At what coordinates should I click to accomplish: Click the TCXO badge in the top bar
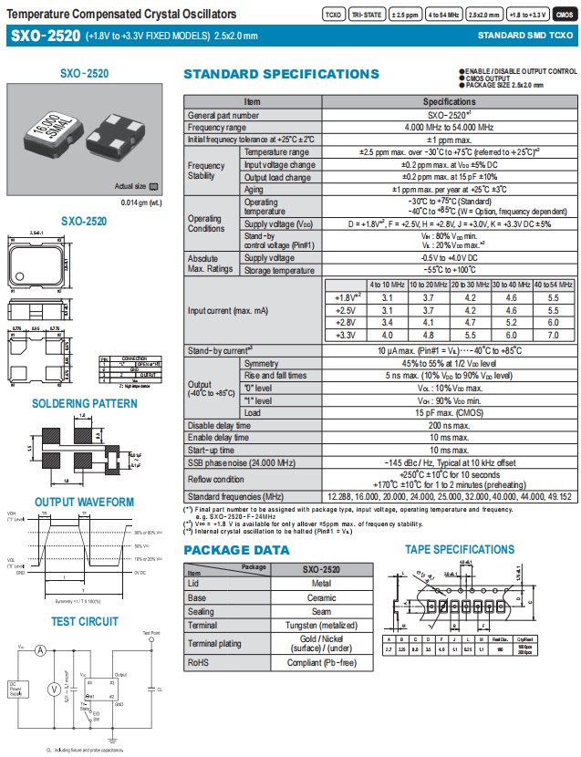[x=335, y=15]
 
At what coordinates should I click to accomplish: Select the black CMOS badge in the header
[x=565, y=15]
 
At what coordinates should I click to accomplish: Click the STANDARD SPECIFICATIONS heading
[x=282, y=74]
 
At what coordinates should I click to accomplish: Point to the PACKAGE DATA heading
[x=236, y=551]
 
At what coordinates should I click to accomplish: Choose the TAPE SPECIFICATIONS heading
[x=460, y=549]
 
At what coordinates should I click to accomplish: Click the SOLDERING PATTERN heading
[x=85, y=403]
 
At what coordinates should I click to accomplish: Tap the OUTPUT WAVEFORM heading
[x=85, y=502]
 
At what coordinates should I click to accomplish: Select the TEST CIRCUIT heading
[x=85, y=621]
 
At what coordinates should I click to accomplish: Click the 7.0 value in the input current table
[x=553, y=336]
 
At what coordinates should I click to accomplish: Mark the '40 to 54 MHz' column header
[x=553, y=285]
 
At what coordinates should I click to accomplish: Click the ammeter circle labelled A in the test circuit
[x=41, y=651]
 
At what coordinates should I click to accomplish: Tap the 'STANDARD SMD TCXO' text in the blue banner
[x=526, y=36]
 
